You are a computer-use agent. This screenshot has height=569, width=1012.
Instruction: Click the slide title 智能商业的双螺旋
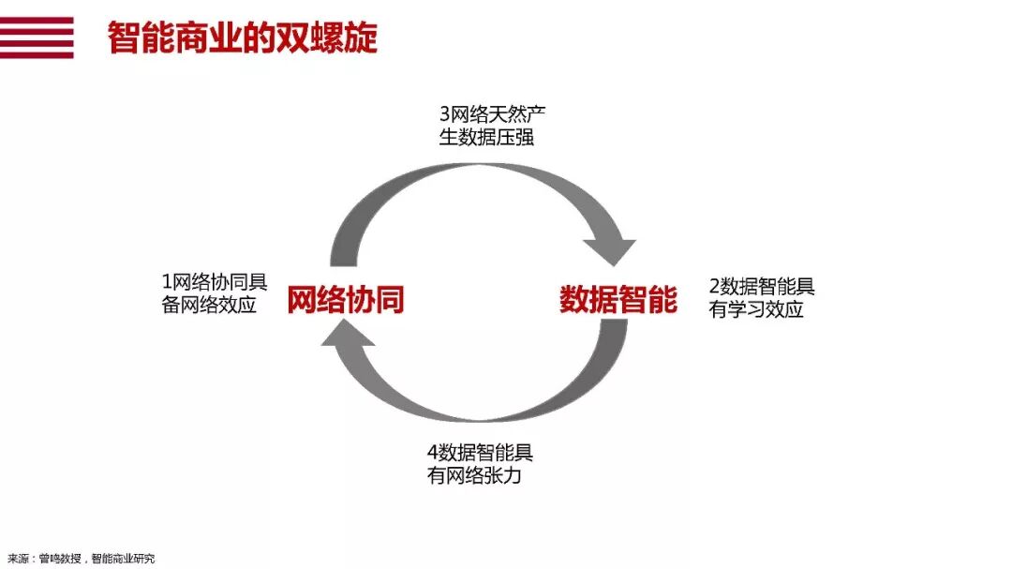pos(242,37)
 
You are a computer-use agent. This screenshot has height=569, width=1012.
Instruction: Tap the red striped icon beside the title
pos(37,37)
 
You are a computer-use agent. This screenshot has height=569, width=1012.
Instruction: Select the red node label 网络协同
pos(345,299)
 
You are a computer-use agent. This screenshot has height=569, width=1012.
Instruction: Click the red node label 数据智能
pos(618,299)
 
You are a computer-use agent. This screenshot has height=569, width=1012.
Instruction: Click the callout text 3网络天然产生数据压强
pos(492,126)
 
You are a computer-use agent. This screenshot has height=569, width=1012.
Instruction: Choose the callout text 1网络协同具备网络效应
pos(215,293)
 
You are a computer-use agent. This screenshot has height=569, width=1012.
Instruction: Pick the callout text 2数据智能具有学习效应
pos(762,298)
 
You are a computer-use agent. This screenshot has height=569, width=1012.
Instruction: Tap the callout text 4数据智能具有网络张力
pos(480,464)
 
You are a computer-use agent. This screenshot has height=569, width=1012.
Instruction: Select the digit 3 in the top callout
pos(445,114)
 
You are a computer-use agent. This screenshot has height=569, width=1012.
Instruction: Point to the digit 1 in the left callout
pos(167,282)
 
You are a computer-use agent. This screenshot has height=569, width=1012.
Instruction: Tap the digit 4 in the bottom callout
pos(432,453)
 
